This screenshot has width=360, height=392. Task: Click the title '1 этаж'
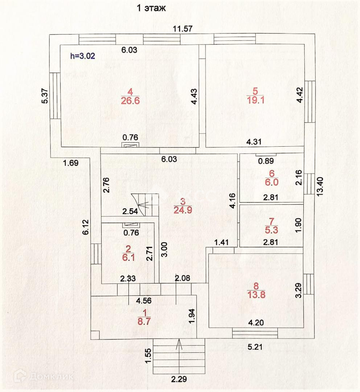[x=151, y=8]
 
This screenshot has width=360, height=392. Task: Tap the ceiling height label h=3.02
[x=83, y=56]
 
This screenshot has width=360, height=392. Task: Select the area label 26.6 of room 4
[x=130, y=101]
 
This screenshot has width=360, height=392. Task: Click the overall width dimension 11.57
[x=183, y=29]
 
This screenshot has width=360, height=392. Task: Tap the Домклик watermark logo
[x=44, y=376]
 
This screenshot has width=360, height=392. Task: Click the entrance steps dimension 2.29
[x=179, y=380]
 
